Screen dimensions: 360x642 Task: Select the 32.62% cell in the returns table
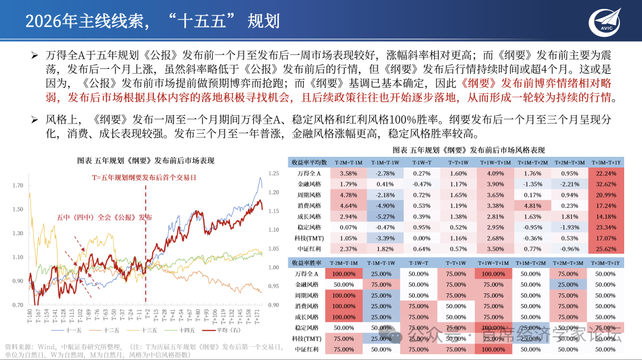(606, 184)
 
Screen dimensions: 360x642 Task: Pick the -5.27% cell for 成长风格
(385, 216)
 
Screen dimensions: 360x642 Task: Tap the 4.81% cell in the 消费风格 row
(532, 206)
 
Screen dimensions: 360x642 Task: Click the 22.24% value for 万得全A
(606, 173)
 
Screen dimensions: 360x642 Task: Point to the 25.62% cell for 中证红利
(606, 249)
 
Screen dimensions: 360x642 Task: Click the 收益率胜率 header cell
(308, 263)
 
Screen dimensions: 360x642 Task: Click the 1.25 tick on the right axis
(273, 173)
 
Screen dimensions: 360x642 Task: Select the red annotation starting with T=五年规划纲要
(144, 178)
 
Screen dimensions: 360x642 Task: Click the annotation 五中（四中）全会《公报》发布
(104, 217)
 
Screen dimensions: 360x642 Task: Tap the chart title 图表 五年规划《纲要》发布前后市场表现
(146, 161)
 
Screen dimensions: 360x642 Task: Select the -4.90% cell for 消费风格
(385, 206)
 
